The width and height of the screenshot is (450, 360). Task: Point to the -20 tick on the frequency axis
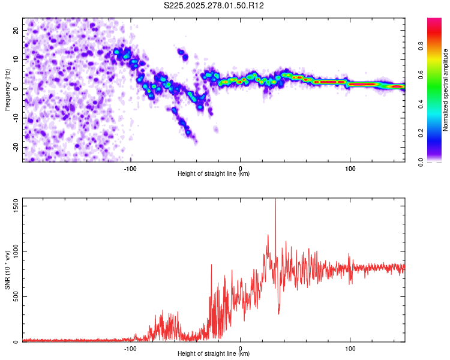point(15,147)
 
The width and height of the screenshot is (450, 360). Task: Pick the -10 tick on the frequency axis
point(15,118)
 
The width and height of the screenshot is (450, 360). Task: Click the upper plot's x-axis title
point(214,174)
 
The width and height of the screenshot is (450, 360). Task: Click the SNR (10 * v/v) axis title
point(7,270)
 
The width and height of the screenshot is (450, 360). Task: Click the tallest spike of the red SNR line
point(275,200)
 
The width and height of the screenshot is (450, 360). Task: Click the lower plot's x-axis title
point(214,354)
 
